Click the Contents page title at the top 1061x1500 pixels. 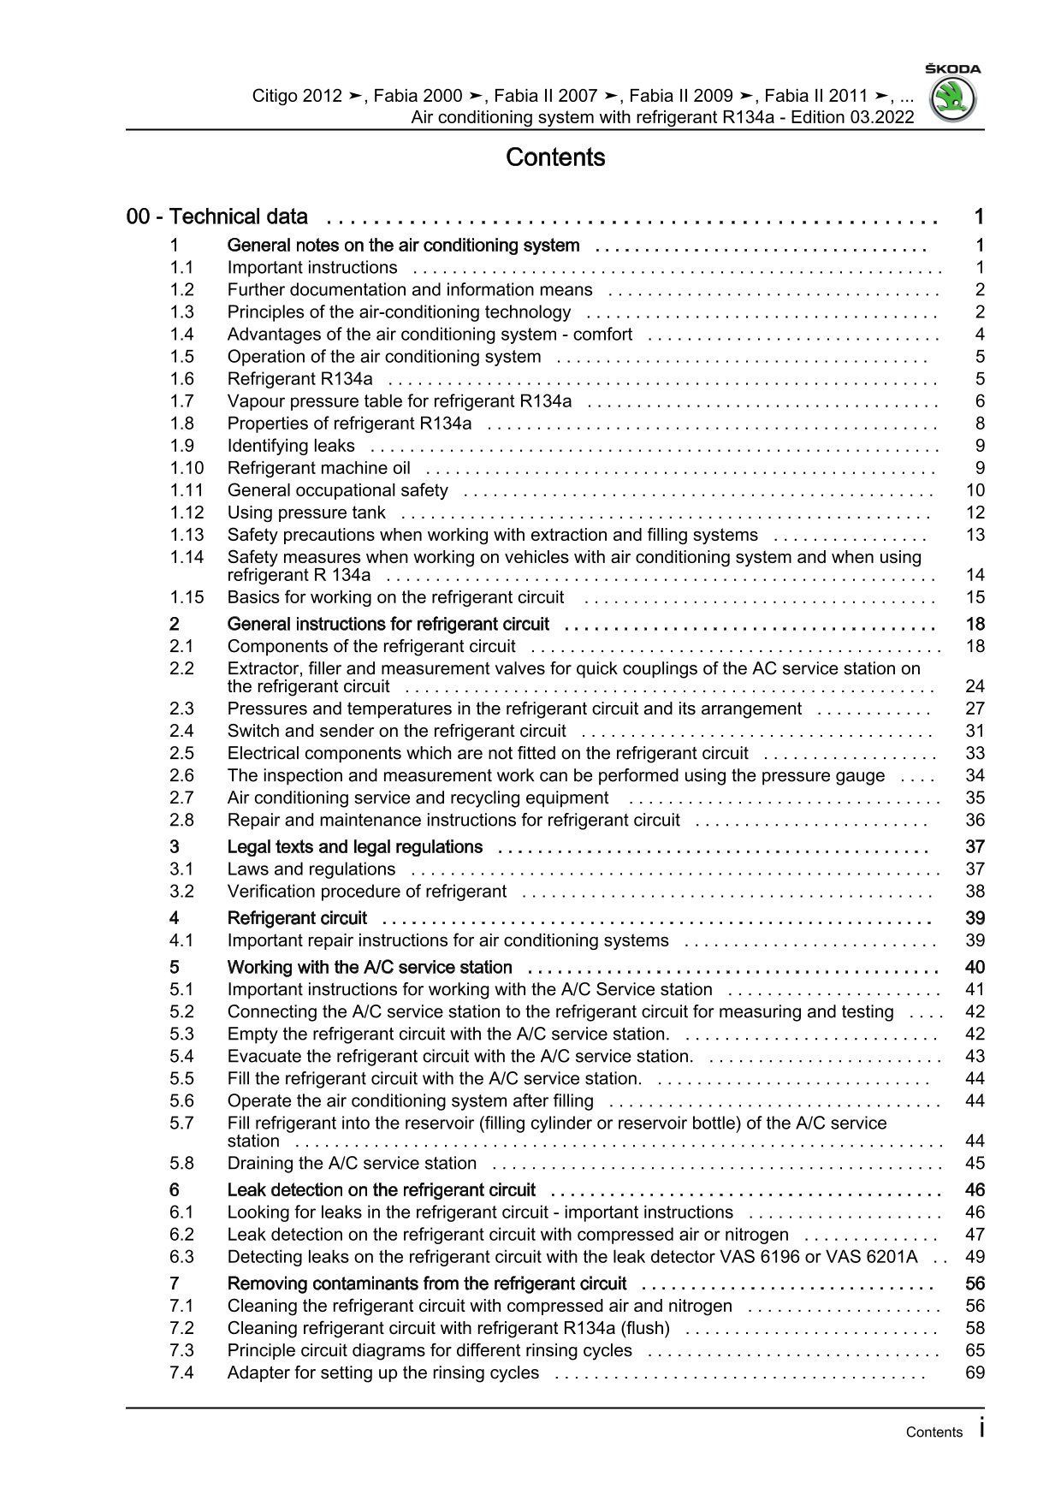555,157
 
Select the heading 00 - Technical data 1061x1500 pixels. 217,217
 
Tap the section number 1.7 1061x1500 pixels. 181,401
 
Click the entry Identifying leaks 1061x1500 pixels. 291,446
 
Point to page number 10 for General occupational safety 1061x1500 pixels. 975,490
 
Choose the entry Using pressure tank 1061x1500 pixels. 306,513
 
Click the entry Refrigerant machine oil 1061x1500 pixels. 318,468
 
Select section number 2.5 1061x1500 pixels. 181,753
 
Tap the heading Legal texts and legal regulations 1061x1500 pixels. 355,847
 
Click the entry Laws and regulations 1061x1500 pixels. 311,869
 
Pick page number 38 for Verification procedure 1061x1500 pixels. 975,892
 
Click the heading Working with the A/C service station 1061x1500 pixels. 370,968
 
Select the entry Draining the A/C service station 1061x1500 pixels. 352,1164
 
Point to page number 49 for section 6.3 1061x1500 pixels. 975,1257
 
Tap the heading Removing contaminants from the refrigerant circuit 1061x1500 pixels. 427,1284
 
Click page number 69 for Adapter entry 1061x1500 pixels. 975,1373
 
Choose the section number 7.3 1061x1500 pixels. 181,1351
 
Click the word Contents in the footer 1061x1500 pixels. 934,1432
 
